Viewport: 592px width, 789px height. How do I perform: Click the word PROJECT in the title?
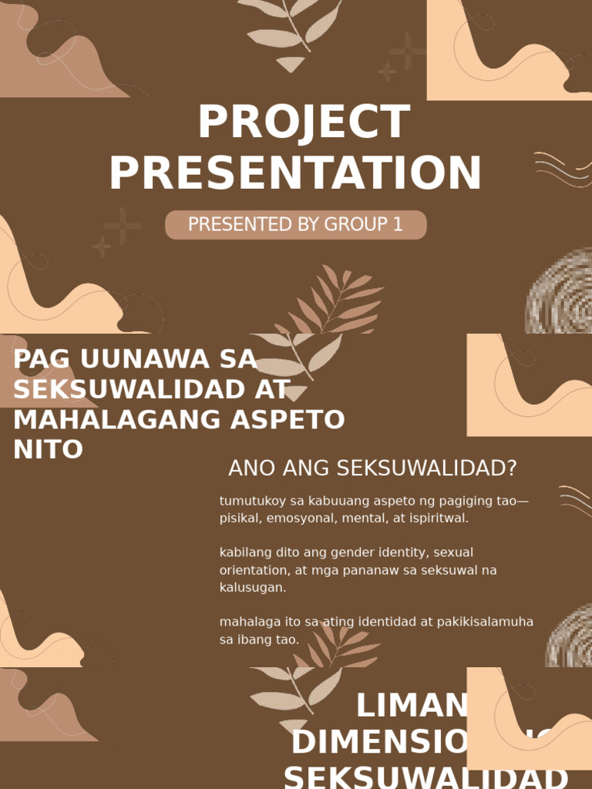(303, 123)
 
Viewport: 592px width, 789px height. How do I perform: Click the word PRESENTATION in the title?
(295, 173)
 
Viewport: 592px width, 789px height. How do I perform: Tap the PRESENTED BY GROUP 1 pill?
(295, 225)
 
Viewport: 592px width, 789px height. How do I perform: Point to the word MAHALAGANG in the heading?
(107, 420)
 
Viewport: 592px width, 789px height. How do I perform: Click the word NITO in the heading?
(48, 450)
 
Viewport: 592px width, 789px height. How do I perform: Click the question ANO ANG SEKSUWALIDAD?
(372, 468)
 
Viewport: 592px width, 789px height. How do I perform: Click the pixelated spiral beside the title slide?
(560, 291)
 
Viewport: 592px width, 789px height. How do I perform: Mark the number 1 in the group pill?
(398, 225)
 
